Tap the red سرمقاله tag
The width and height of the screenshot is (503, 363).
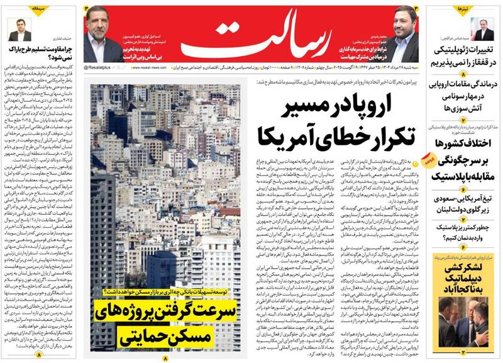point(21,10)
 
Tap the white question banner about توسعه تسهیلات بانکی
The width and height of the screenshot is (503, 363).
point(165,294)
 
